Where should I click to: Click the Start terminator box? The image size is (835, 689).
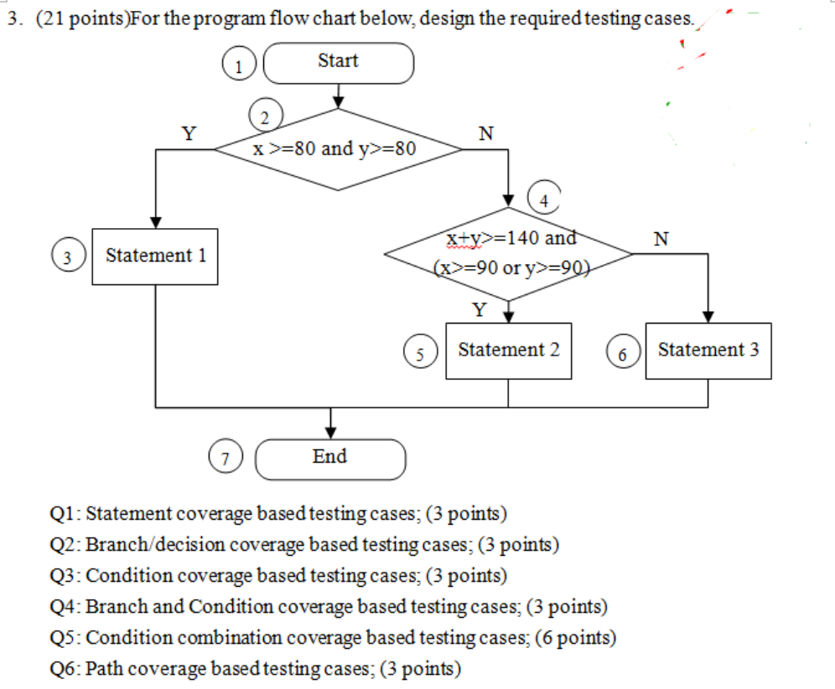(x=339, y=63)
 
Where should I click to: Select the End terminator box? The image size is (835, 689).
(x=330, y=458)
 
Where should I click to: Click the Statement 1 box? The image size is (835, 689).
(x=155, y=256)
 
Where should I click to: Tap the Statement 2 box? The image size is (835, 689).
(x=508, y=350)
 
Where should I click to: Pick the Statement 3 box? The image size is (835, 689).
(x=708, y=350)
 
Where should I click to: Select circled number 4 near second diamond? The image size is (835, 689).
(x=543, y=199)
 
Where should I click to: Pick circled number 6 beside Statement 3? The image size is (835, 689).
(x=622, y=353)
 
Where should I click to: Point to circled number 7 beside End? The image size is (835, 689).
(x=225, y=458)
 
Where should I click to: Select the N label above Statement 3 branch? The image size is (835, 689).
(x=661, y=238)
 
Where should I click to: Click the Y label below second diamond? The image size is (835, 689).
(x=479, y=309)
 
